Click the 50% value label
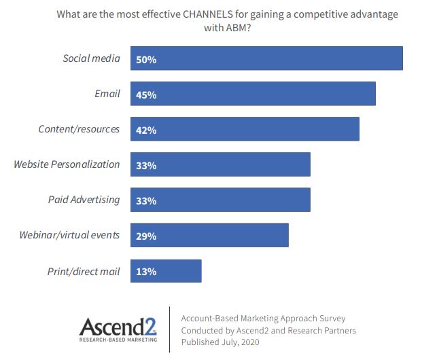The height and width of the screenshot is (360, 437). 146,60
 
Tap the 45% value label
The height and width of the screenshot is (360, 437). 146,95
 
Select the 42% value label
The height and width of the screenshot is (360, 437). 146,130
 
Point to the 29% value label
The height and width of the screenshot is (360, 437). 146,236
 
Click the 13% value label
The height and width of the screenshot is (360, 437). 146,272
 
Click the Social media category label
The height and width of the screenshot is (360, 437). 91,58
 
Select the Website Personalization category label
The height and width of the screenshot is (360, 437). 67,164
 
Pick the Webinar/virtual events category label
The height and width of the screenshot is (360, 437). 70,236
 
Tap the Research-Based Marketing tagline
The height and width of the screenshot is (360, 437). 118,338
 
